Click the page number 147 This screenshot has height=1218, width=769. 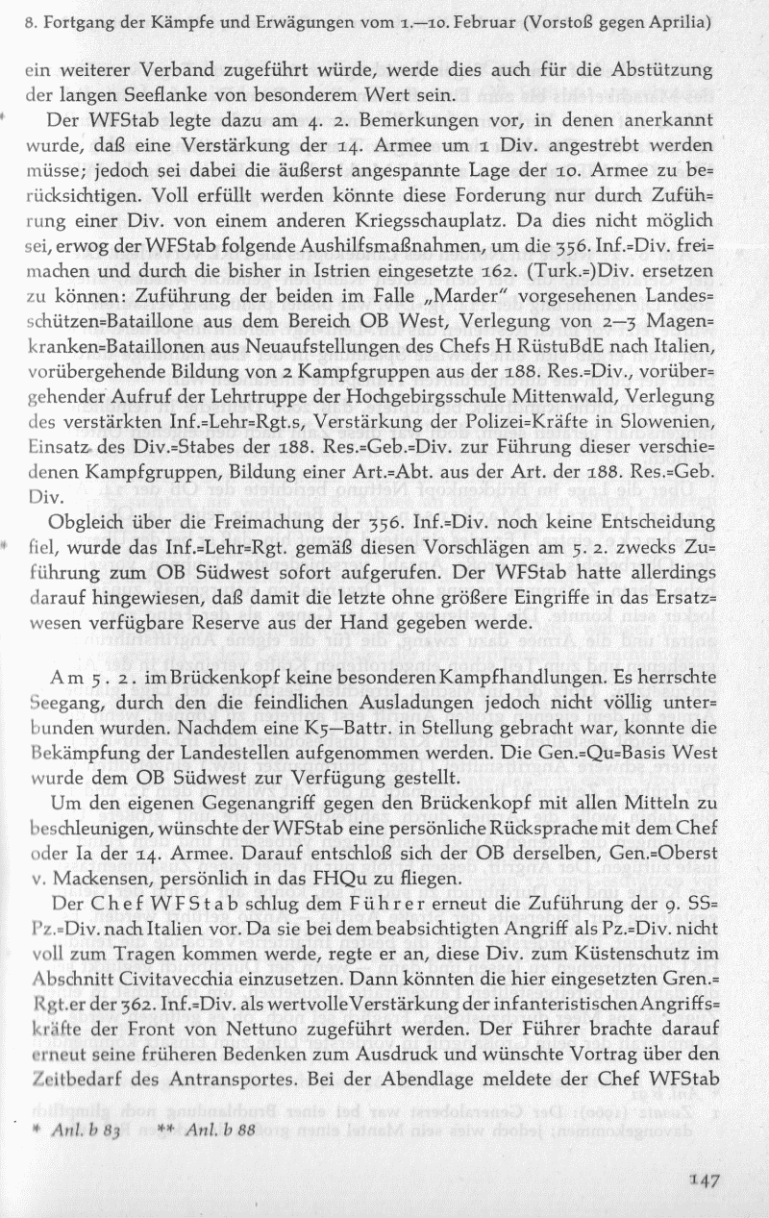tap(705, 1182)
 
